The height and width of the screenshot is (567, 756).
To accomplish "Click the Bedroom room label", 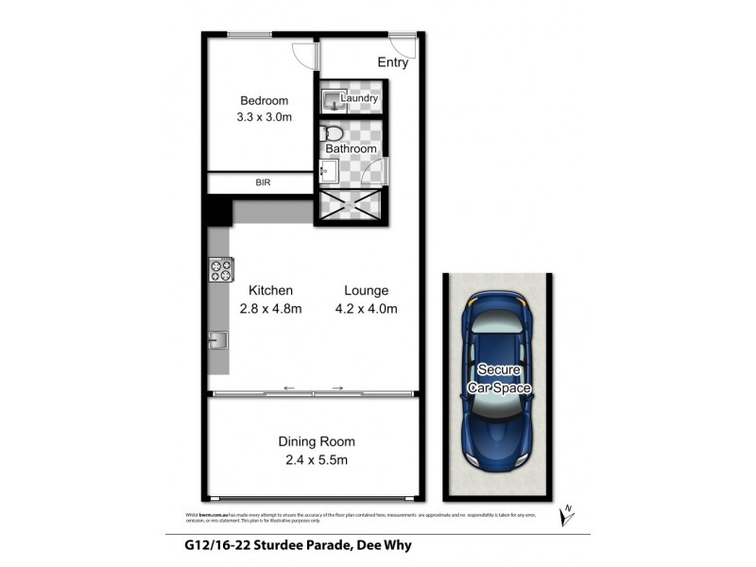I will tap(264, 101).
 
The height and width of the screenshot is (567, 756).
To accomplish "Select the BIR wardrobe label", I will tap(263, 182).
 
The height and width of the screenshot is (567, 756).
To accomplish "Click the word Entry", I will tap(393, 63).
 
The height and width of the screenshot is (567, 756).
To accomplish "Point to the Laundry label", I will tap(360, 98).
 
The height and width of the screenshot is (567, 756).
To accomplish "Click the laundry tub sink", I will tap(330, 99).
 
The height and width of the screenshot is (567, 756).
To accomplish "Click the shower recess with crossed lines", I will tap(351, 205).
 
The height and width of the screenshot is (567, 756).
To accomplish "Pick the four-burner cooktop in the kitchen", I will tap(220, 271).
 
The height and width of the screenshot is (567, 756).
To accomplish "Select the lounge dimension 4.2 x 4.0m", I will tap(366, 308).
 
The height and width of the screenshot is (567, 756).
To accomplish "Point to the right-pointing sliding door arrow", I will tap(337, 387).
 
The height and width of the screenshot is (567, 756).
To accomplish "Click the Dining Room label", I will tap(317, 441).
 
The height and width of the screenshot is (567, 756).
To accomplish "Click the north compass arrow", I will tap(567, 514).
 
